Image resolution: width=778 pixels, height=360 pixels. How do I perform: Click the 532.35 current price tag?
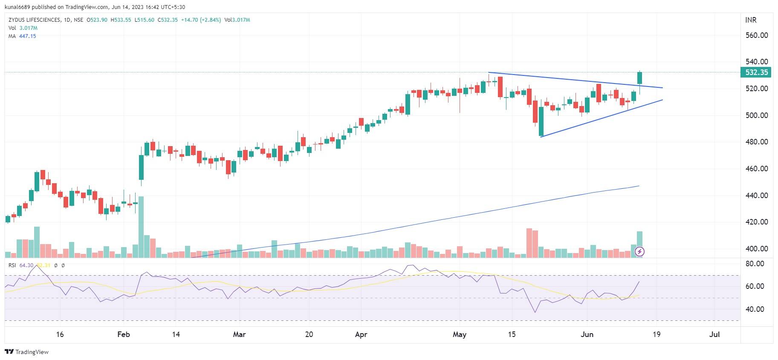click(x=756, y=72)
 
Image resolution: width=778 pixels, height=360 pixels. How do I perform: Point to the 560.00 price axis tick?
click(x=756, y=35)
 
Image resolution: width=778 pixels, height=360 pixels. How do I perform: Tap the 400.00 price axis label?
click(x=756, y=249)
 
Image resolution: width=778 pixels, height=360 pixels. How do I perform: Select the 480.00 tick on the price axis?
click(x=756, y=142)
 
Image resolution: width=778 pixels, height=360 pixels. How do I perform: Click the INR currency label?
click(x=751, y=20)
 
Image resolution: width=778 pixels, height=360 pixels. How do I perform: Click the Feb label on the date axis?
click(x=124, y=334)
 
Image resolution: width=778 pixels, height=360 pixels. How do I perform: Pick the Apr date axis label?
click(x=361, y=334)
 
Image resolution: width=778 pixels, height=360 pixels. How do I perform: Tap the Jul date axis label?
click(x=714, y=334)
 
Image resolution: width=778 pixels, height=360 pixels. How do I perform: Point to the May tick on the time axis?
click(x=459, y=334)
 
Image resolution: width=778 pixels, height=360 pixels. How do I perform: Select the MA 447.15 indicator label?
click(x=22, y=36)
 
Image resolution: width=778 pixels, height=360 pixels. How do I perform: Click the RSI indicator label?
click(x=12, y=265)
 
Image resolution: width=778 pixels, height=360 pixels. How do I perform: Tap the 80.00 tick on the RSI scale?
click(x=754, y=264)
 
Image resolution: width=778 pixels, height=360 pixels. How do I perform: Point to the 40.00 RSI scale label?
click(x=754, y=309)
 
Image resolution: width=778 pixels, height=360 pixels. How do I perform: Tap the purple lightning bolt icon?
click(x=639, y=252)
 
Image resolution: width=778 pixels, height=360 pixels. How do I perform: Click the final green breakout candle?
click(x=639, y=78)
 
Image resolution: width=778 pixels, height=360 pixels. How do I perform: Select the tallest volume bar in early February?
click(x=141, y=227)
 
